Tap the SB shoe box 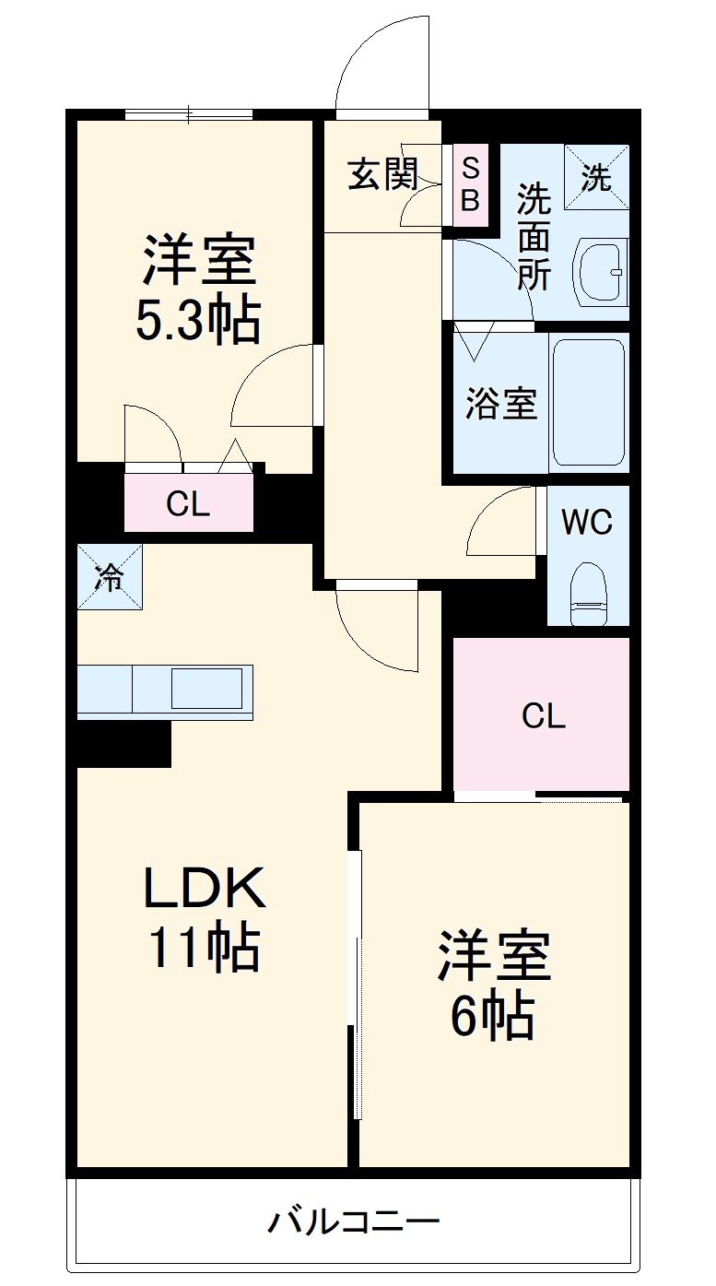(x=470, y=184)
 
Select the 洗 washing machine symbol (x=596, y=178)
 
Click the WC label (x=587, y=523)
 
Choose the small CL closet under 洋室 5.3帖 (x=189, y=503)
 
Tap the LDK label (x=204, y=889)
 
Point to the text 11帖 (x=204, y=947)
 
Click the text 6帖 (x=493, y=1016)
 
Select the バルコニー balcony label (x=354, y=1222)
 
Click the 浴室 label (x=499, y=403)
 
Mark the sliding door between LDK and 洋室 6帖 (x=356, y=986)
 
